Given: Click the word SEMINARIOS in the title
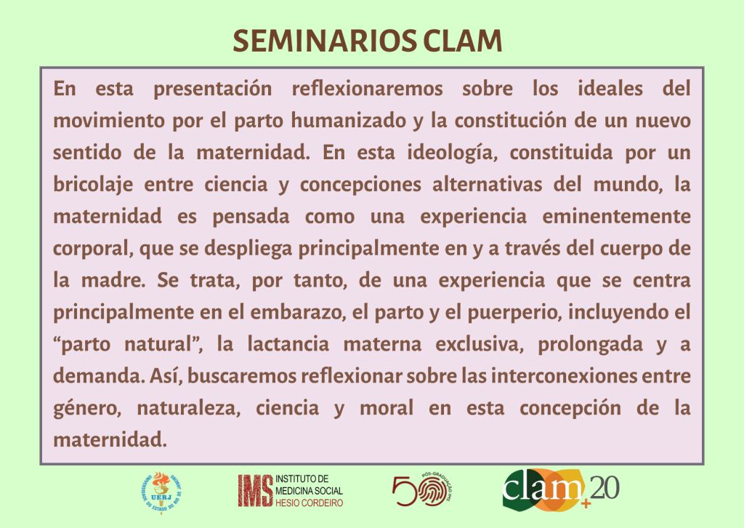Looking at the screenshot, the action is click(x=325, y=41).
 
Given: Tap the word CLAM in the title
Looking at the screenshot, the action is click(x=463, y=41).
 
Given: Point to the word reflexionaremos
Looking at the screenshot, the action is click(x=367, y=89).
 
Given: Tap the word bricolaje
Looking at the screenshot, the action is click(x=93, y=185).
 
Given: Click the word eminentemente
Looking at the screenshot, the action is click(x=616, y=217).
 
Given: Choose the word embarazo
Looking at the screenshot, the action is click(x=298, y=313).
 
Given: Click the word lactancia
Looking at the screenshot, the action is click(x=288, y=344).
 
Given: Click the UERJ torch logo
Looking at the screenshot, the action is click(x=161, y=493).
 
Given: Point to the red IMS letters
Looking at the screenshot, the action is click(x=256, y=490).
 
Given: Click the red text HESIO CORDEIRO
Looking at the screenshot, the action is click(x=310, y=503).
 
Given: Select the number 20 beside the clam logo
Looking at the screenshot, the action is click(x=604, y=488).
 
